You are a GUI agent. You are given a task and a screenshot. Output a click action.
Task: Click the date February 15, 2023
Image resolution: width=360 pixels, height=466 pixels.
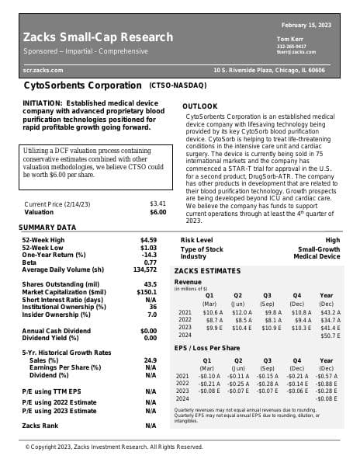tap(306, 26)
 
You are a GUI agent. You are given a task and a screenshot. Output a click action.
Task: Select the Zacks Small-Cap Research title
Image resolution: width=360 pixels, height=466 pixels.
tap(98, 37)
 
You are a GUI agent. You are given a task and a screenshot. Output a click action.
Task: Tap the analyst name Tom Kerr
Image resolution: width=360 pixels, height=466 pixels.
tap(290, 39)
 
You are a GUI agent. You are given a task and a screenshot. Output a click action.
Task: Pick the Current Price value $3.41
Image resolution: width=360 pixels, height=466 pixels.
tap(157, 204)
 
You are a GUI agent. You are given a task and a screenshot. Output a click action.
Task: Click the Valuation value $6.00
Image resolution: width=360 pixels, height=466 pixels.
tap(157, 212)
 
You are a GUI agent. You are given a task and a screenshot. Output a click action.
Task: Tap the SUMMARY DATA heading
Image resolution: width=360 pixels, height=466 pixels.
tap(47, 227)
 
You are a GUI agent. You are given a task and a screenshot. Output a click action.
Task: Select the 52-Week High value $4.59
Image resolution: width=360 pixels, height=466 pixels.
tap(148, 240)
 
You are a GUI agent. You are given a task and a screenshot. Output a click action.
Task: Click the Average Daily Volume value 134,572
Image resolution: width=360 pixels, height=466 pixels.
tap(145, 270)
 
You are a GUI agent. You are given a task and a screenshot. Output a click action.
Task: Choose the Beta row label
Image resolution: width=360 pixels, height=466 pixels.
tap(30, 263)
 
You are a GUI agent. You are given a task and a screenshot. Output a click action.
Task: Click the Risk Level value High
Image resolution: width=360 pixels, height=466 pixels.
tap(332, 240)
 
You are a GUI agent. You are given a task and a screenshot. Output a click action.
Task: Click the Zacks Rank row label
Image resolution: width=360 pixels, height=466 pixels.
tap(40, 426)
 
